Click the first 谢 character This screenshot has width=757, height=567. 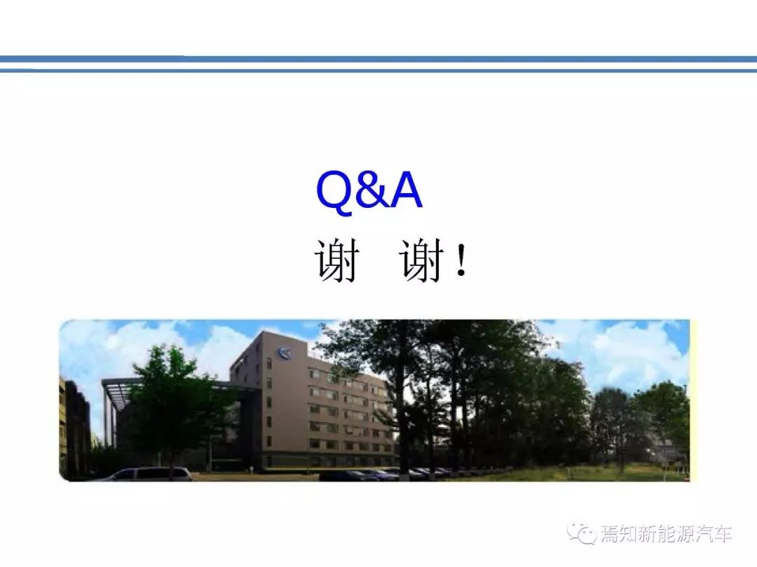337,260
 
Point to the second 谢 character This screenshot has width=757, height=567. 421,260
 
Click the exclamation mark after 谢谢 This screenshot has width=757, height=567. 461,260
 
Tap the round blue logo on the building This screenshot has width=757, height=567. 284,354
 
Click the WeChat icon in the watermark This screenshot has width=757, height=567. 582,533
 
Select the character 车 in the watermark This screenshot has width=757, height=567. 722,534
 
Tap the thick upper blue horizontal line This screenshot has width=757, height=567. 378,59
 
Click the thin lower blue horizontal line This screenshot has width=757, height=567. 378,71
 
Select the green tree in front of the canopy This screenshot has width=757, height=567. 172,405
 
